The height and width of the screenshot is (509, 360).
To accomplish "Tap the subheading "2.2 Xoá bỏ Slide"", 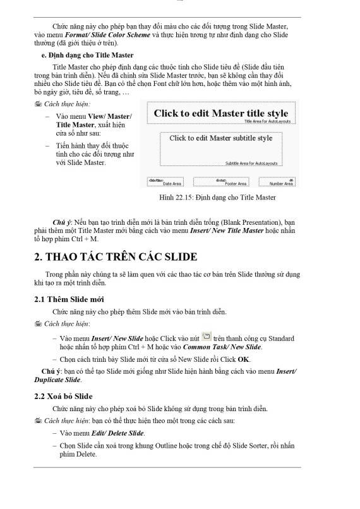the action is tap(64, 396).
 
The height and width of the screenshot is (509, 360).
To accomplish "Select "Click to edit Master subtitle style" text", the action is tap(221, 138).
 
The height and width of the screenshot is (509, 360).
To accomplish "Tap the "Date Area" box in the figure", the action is tap(165, 183).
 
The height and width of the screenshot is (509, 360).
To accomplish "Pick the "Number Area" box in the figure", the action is tap(278, 183).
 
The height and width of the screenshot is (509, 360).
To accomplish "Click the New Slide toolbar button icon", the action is tap(206, 337).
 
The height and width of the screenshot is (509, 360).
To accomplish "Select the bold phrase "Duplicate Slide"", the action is tap(57, 380).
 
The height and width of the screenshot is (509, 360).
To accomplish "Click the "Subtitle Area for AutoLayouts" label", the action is tap(251, 163).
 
